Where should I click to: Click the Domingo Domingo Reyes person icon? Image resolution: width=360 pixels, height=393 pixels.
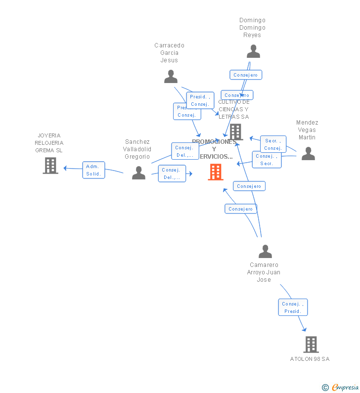click(x=253, y=51)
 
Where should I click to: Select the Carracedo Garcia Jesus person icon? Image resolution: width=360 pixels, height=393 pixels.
click(x=171, y=77)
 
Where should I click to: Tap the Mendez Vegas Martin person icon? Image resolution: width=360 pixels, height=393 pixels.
click(x=308, y=154)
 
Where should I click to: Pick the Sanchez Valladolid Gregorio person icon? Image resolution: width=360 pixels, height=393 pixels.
click(x=138, y=173)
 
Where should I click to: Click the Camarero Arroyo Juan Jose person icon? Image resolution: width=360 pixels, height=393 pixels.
click(x=265, y=252)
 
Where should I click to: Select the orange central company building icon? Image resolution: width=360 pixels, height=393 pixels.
click(x=216, y=172)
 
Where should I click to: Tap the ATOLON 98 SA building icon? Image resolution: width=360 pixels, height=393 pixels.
click(x=311, y=344)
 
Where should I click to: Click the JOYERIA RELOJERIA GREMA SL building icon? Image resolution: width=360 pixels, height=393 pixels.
click(x=50, y=166)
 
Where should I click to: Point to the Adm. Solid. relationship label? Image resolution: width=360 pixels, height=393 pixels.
click(x=93, y=170)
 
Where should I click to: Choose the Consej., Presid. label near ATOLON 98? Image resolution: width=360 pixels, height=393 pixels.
click(x=293, y=307)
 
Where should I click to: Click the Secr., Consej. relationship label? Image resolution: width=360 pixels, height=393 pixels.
click(x=273, y=144)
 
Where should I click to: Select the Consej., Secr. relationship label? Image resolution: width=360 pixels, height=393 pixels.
click(x=267, y=160)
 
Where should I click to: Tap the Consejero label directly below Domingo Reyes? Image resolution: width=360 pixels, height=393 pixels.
click(x=246, y=75)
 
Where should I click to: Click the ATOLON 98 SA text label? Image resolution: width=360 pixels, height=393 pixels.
click(x=310, y=359)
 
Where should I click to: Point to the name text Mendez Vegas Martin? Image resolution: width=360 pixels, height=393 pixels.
click(x=307, y=130)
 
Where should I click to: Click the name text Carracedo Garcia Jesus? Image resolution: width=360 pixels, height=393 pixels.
click(x=169, y=53)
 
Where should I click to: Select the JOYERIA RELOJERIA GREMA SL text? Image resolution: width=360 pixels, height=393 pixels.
click(x=49, y=143)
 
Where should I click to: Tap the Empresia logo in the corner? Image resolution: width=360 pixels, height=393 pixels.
click(x=345, y=388)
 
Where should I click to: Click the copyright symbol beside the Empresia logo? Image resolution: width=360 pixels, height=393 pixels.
click(x=325, y=388)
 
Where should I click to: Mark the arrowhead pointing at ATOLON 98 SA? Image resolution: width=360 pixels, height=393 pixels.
click(x=304, y=330)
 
